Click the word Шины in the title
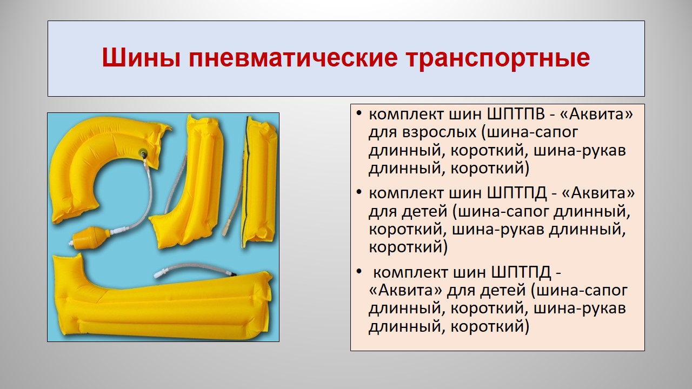141,58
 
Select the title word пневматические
293,58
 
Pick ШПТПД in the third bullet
521,273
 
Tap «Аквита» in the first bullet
596,115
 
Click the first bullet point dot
358,113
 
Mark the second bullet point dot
358,192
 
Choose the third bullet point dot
358,271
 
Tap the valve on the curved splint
142,152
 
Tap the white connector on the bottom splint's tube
162,273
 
